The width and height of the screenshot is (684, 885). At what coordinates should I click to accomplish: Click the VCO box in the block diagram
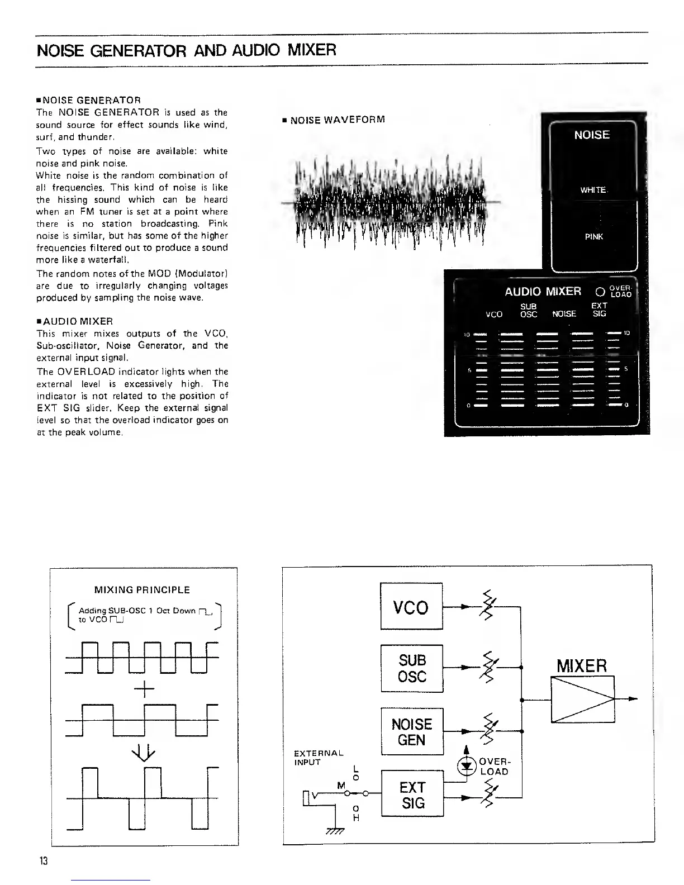[x=411, y=606]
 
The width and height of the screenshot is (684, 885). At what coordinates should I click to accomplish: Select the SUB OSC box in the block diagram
[x=412, y=668]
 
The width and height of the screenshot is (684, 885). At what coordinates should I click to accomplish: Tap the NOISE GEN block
[x=412, y=731]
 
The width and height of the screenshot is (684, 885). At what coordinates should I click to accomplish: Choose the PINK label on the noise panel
[x=593, y=237]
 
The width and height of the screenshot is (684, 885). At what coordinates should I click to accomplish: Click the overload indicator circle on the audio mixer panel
[x=600, y=292]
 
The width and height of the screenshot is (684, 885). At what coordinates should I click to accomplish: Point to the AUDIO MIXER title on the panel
[x=543, y=292]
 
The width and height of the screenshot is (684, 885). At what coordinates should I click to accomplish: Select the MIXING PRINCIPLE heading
[x=142, y=590]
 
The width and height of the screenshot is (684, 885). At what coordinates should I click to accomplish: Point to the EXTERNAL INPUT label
[x=319, y=757]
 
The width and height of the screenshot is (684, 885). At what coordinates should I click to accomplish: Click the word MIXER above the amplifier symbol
[x=582, y=666]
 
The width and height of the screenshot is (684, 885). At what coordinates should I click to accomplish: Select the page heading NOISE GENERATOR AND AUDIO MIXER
[x=186, y=51]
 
